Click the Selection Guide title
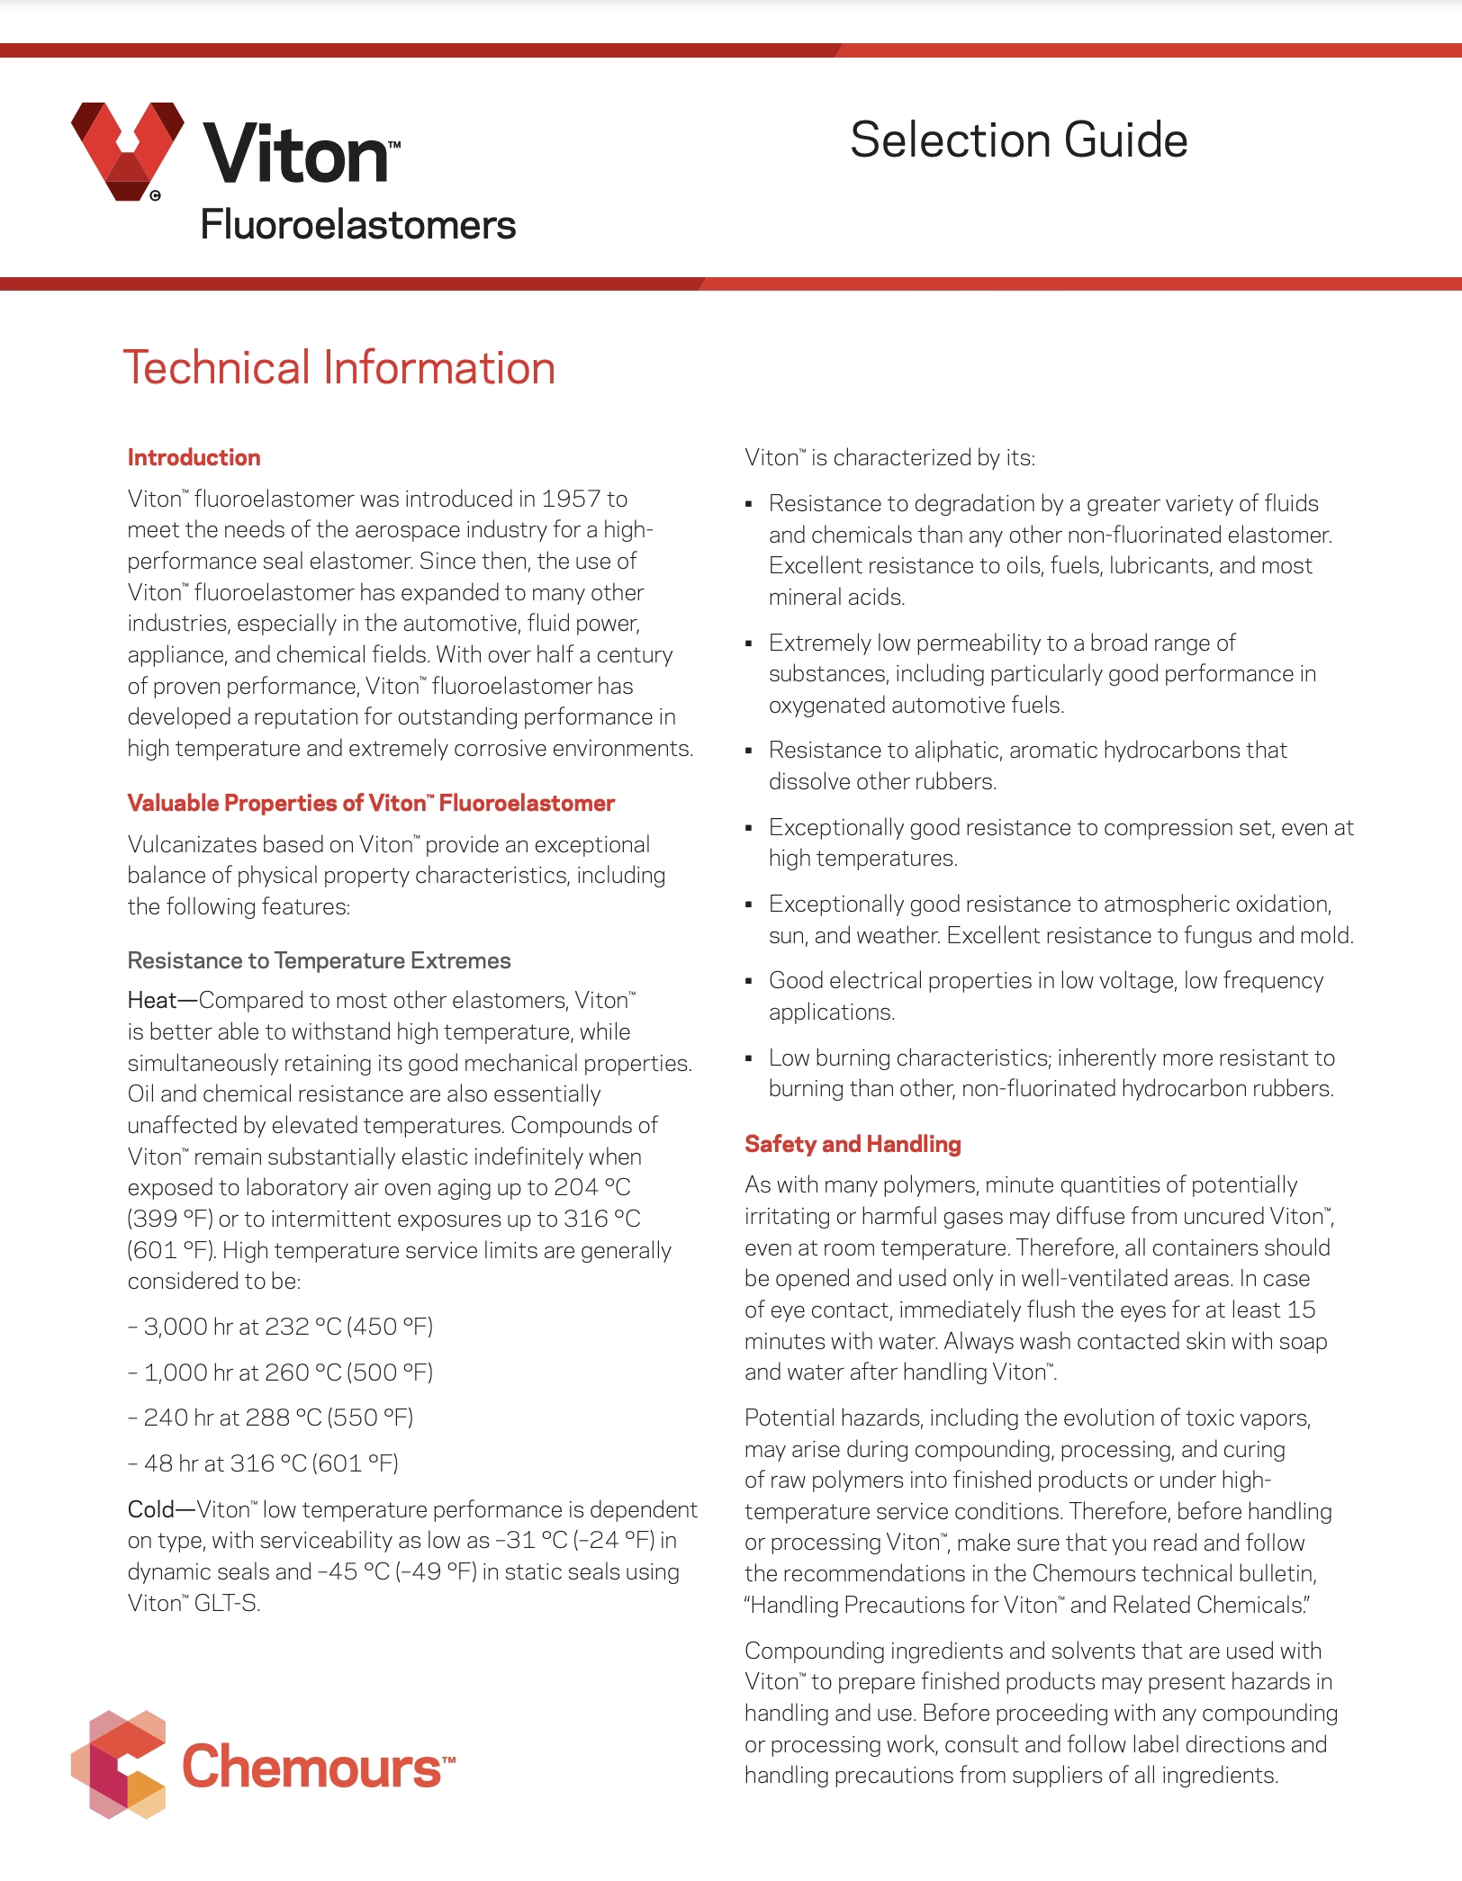pos(1018,140)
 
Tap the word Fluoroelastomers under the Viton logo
pos(357,225)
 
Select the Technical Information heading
pos(338,368)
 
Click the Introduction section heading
pos(194,457)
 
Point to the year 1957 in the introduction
pos(571,499)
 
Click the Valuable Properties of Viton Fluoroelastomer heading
pos(371,803)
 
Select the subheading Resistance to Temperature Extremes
pos(319,960)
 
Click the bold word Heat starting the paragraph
pos(152,1000)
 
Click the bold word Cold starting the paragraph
pos(151,1509)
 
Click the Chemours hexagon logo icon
pos(119,1764)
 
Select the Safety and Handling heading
pos(853,1144)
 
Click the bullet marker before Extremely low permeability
pos(749,643)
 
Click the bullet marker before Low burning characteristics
pos(749,1058)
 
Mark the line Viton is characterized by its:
pos(889,457)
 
